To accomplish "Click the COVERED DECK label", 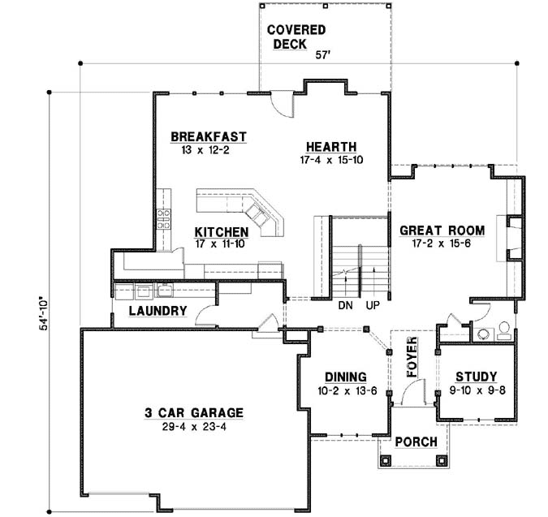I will click(296, 37).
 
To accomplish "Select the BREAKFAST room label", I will click(209, 136).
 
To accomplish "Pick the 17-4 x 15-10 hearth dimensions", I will click(330, 160).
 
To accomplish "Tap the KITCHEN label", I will click(221, 231).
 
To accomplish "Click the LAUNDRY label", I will click(158, 311).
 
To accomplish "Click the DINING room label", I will click(346, 377).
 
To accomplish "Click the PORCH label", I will click(416, 442).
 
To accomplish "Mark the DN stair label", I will click(344, 308).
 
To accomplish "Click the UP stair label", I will click(373, 308).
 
